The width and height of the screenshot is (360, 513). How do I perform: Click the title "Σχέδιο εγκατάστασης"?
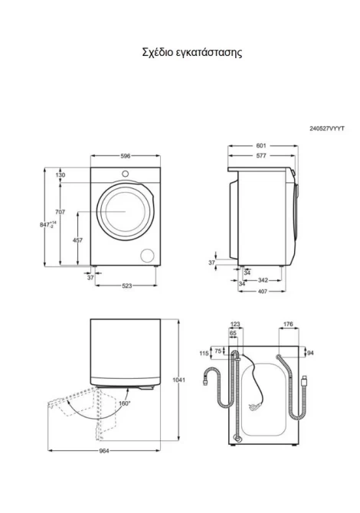[192, 53]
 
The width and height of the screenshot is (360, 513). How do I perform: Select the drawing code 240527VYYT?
[327, 129]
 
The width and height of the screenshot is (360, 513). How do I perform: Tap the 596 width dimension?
[126, 156]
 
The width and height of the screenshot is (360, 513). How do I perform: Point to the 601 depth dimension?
[261, 145]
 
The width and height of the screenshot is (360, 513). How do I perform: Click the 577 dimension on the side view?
[261, 155]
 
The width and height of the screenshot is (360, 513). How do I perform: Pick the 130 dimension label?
[61, 175]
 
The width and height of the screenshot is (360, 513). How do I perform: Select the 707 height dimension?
[61, 212]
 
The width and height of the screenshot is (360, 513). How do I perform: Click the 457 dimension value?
[77, 240]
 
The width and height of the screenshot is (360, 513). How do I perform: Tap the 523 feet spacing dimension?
[126, 286]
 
